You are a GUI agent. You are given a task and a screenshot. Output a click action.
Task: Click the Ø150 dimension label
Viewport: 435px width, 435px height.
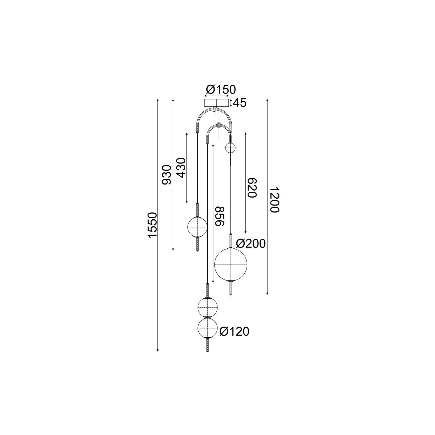221,90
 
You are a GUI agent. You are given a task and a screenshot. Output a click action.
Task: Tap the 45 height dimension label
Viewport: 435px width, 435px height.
240,103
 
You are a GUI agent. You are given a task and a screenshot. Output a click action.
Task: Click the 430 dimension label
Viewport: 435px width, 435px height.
181,168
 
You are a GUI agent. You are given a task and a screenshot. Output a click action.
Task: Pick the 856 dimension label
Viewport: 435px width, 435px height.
219,216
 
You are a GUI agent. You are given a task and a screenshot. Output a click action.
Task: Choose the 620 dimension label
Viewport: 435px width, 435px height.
252,187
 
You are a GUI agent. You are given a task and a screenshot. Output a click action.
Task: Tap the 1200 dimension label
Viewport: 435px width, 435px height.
275,199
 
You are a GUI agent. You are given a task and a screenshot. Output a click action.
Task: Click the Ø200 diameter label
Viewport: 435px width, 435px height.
251,244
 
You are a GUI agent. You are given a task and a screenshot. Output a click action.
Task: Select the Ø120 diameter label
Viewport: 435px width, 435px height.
234,332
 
